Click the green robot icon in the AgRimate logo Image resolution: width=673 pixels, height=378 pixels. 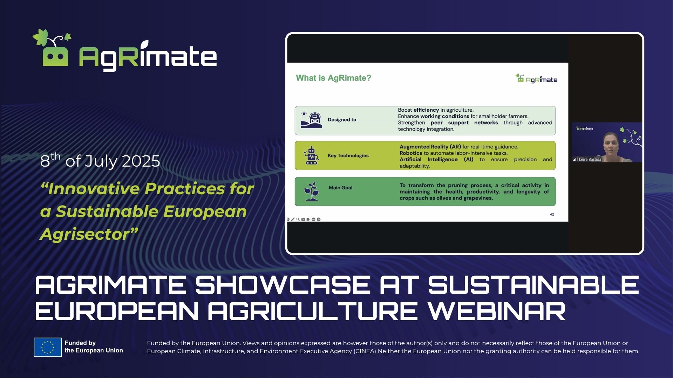coord(55,56)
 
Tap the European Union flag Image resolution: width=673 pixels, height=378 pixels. coord(48,347)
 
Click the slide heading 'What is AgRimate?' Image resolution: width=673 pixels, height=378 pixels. coord(333,78)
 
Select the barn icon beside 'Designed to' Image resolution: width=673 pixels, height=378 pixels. coord(311,120)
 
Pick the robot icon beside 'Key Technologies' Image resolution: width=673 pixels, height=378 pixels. coord(311,155)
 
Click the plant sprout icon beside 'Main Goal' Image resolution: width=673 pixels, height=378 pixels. coord(312,191)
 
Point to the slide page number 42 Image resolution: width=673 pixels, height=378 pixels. coord(552,214)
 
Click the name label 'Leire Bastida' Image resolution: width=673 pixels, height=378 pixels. coord(590,159)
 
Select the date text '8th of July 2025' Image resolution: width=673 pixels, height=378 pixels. coord(100,161)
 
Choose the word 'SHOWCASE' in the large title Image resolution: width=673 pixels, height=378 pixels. coord(283,285)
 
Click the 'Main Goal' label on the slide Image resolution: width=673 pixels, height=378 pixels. coord(340,188)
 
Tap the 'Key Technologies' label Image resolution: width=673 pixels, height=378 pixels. coord(348,155)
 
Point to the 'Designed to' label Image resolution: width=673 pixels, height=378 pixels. coord(342,120)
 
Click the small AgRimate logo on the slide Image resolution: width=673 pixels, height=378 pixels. coord(536,79)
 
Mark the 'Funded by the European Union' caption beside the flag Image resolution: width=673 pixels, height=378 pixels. coord(94,347)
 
